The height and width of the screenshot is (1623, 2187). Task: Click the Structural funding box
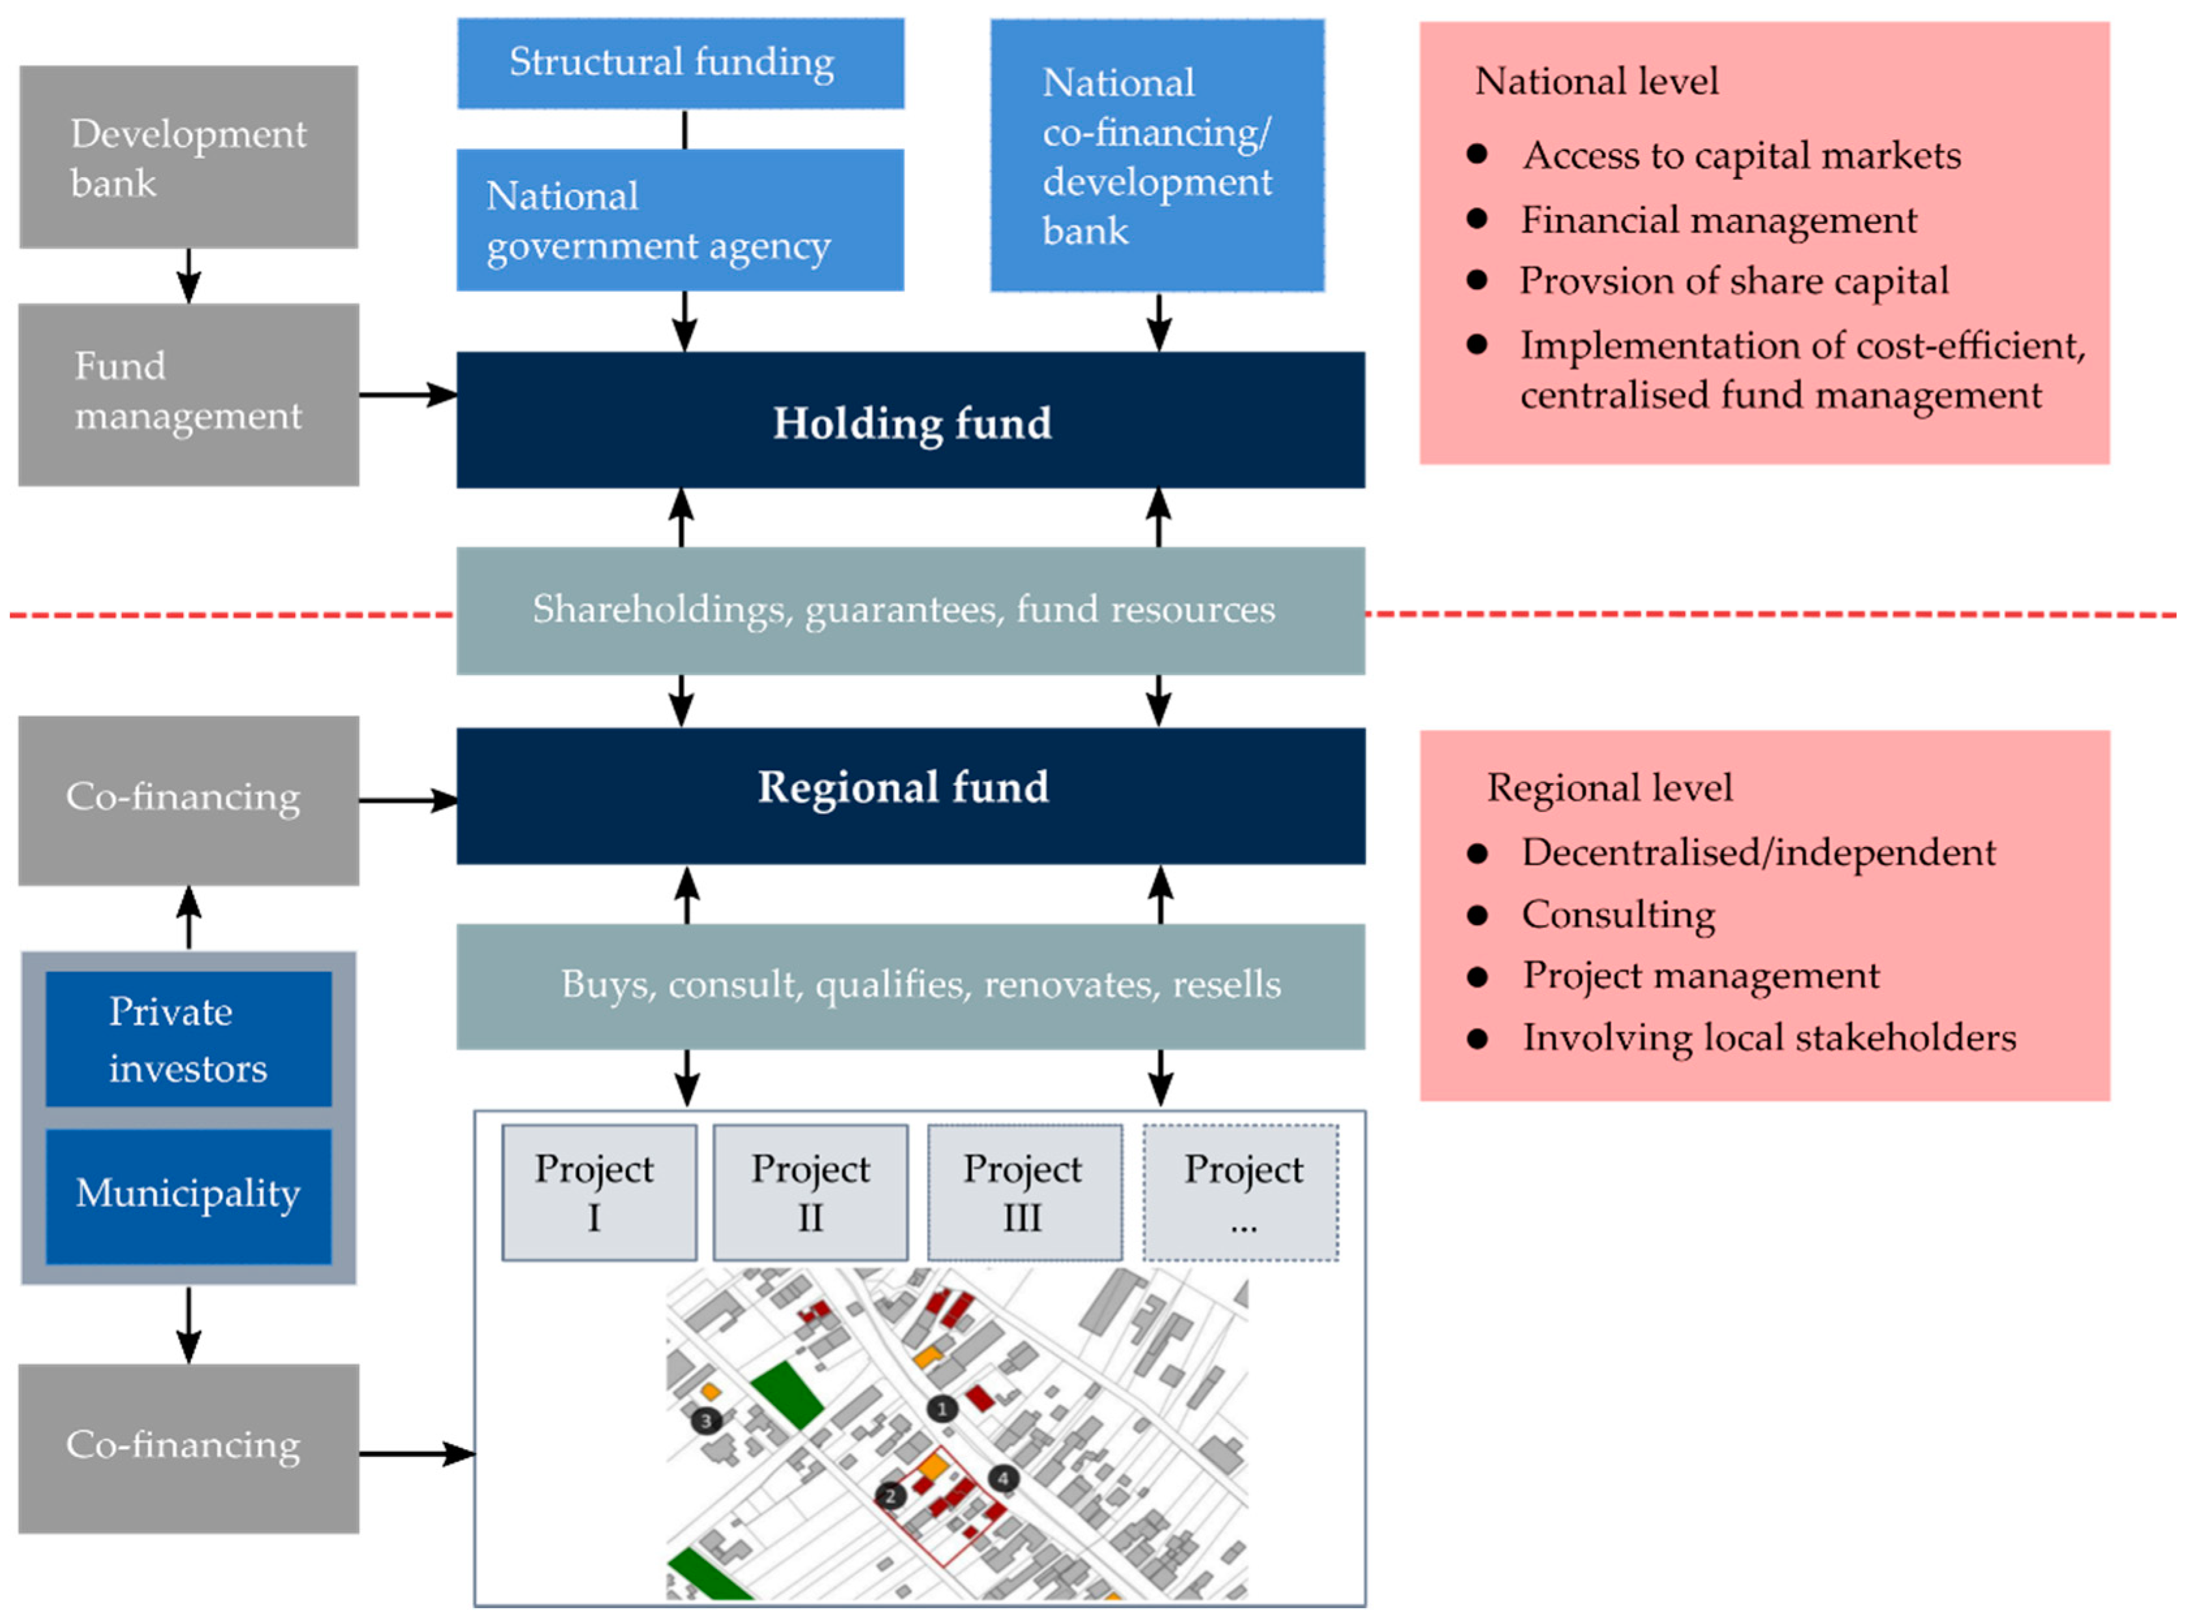680,63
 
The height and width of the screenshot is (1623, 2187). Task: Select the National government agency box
680,220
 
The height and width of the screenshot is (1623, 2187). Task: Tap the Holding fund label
911,423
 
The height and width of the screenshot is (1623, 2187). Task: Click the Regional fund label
902,788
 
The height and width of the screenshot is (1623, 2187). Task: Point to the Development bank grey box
189,157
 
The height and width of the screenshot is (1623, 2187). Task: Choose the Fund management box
189,393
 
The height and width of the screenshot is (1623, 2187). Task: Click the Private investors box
189,1040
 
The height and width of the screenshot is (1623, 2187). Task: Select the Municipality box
189,1195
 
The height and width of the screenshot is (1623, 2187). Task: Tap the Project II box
810,1192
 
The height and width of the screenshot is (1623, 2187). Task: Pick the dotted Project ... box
1241,1192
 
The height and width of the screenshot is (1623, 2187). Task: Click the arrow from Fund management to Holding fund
408,395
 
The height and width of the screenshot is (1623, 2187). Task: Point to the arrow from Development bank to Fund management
189,275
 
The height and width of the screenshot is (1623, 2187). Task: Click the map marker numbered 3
706,1421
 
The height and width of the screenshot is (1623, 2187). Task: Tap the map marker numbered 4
1002,1478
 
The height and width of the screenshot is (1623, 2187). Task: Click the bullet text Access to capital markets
1741,155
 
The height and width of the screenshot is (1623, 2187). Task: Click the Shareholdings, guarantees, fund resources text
903,610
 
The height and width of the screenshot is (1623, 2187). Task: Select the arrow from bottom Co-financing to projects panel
417,1453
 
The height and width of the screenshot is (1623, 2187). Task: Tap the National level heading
1596,81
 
